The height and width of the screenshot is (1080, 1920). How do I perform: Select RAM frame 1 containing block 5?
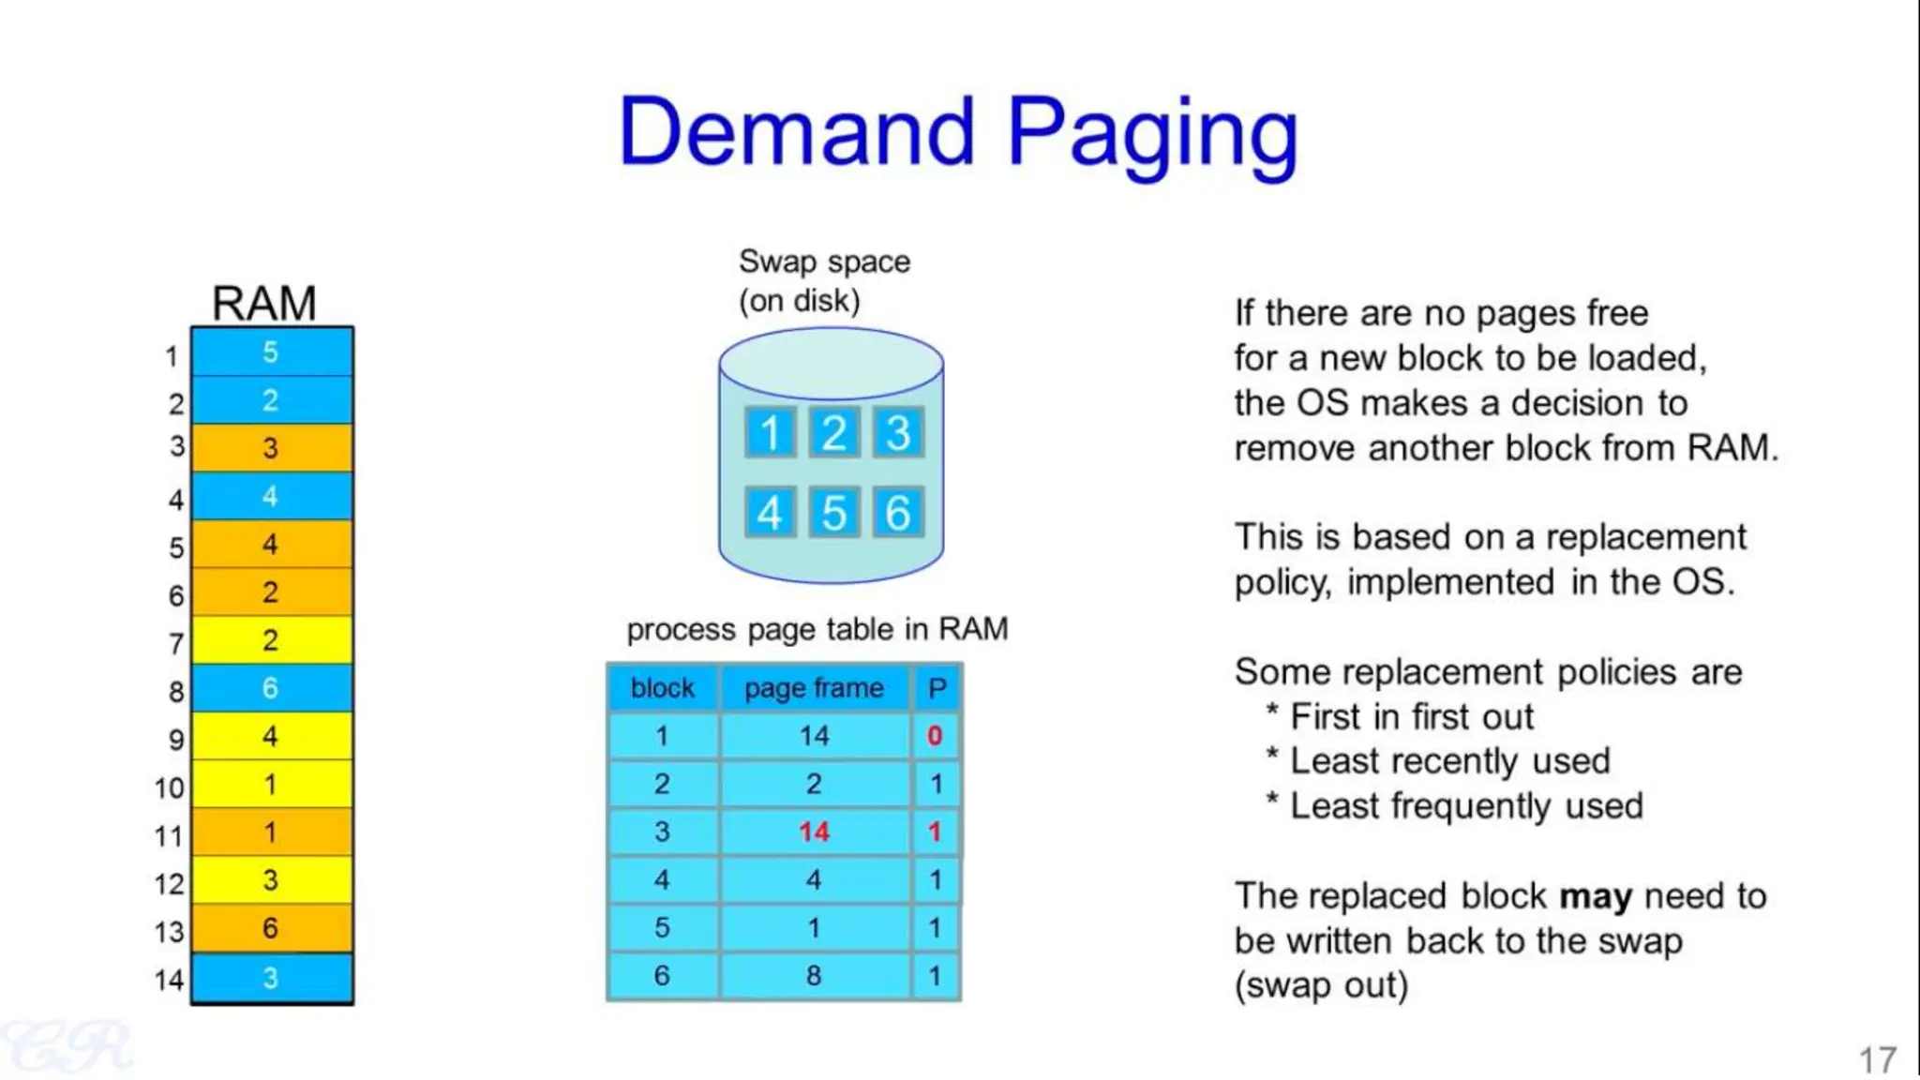tap(271, 352)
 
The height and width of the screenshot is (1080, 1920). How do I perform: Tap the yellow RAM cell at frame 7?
tap(271, 640)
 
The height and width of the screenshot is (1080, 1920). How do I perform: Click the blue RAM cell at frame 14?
tap(271, 978)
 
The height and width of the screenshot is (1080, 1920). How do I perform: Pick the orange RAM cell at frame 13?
tap(271, 928)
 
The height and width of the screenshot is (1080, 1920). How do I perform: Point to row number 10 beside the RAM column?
tap(170, 787)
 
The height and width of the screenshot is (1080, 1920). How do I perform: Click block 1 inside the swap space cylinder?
tap(770, 432)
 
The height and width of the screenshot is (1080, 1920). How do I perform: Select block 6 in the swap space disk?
tap(897, 513)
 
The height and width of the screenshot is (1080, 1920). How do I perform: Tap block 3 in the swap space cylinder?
tap(897, 432)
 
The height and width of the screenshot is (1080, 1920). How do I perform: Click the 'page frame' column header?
tap(814, 688)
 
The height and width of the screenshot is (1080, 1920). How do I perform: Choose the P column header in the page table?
tap(937, 688)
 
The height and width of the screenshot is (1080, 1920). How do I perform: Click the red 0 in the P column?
tap(935, 736)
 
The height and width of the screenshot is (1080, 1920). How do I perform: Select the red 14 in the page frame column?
tap(814, 832)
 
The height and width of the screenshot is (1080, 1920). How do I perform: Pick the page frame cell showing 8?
tap(814, 976)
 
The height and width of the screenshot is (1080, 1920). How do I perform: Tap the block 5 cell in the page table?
tap(662, 928)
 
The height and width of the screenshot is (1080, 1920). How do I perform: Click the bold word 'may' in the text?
tap(1596, 897)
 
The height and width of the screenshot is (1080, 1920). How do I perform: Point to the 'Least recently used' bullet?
tap(1449, 761)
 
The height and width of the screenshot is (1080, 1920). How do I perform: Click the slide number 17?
tap(1878, 1060)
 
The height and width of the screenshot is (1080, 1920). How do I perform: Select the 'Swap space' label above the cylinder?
tap(824, 262)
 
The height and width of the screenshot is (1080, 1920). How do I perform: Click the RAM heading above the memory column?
tap(264, 304)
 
